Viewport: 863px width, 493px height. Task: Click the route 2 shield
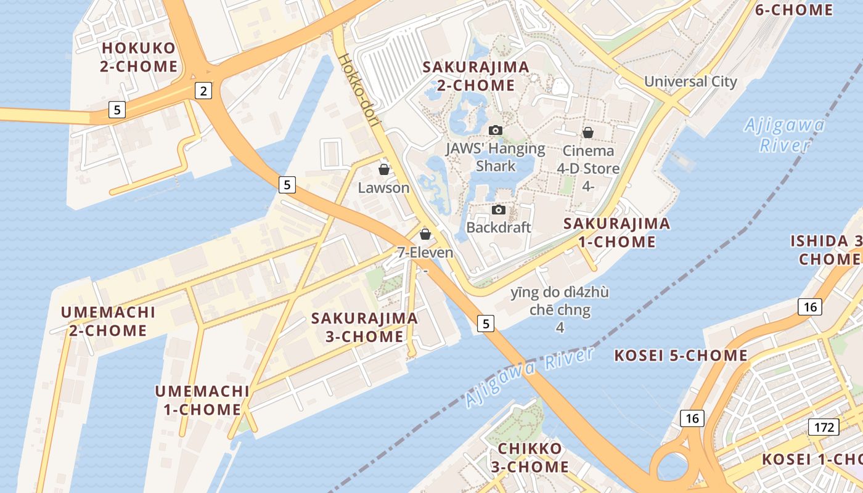(x=203, y=91)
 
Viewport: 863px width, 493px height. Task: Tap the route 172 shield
(x=824, y=427)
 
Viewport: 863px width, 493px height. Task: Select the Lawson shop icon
(x=384, y=169)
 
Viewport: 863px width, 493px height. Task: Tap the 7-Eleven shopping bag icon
(x=425, y=234)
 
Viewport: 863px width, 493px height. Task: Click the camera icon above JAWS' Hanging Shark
(x=495, y=130)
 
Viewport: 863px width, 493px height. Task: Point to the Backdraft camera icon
(x=499, y=210)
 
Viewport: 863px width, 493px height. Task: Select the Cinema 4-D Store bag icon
(x=588, y=132)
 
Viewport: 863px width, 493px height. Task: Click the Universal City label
(x=690, y=81)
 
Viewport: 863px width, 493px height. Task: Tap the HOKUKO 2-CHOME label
(x=139, y=57)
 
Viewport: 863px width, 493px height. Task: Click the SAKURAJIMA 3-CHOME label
(x=364, y=327)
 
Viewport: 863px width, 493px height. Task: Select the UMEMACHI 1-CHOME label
(x=202, y=400)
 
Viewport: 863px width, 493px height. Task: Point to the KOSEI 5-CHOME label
(x=681, y=356)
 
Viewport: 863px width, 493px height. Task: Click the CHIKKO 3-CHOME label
(x=530, y=457)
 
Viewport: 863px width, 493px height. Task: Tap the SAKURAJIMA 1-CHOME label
(x=616, y=232)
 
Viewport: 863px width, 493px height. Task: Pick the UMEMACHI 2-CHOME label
(x=108, y=321)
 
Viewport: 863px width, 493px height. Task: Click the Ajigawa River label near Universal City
(x=784, y=135)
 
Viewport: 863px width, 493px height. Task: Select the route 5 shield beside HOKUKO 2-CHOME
(x=117, y=110)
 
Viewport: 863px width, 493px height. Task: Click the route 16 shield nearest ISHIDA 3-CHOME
(x=809, y=306)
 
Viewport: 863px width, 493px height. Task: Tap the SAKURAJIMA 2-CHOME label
(x=476, y=76)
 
